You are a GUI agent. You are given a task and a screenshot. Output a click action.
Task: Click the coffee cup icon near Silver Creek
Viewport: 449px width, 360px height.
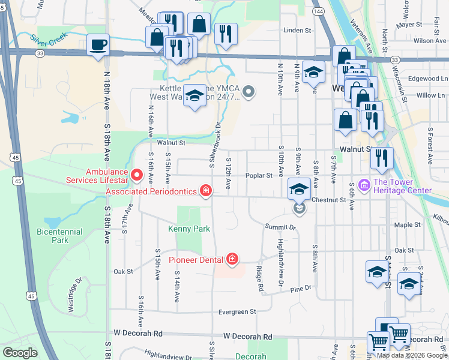tap(98, 44)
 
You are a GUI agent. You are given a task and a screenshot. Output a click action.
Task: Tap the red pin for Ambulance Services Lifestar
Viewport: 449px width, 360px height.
tap(136, 176)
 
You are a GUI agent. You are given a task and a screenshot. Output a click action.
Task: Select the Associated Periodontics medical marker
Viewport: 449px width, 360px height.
tap(206, 191)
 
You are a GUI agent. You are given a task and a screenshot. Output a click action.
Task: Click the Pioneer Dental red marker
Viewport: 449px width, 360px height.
tap(232, 259)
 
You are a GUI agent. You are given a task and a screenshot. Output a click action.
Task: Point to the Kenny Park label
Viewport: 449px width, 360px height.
tap(189, 229)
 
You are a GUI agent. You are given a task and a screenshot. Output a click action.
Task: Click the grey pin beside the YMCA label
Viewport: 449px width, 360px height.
tap(249, 92)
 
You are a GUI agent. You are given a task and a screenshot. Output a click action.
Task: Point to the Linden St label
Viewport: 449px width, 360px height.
tap(298, 29)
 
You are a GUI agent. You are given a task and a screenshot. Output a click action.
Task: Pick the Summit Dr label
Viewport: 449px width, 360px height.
tap(280, 227)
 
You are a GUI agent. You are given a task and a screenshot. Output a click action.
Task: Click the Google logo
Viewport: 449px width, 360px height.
tap(20, 352)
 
